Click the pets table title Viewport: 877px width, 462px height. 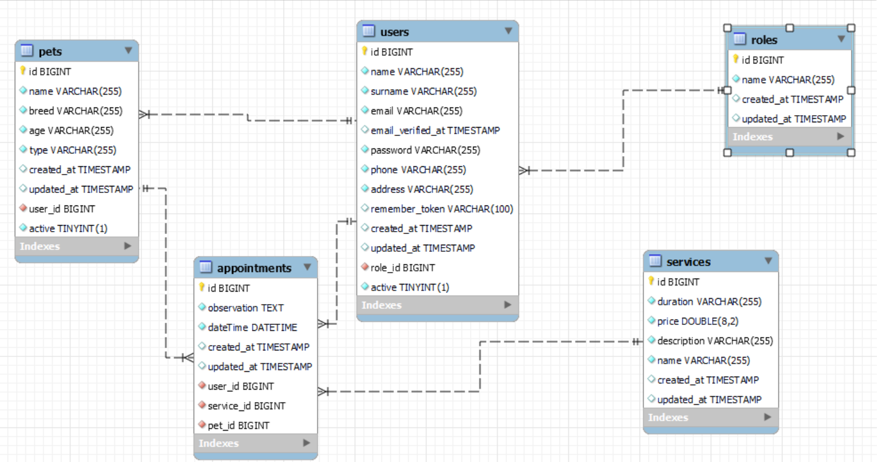point(50,52)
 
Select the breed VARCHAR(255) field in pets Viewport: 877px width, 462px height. point(75,111)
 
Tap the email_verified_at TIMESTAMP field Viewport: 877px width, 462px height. point(435,131)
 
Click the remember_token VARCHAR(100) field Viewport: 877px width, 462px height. point(441,209)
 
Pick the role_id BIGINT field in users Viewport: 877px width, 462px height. point(402,268)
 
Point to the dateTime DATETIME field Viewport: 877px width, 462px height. point(252,328)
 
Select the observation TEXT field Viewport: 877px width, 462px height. point(246,308)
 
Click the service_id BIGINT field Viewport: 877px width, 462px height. point(246,406)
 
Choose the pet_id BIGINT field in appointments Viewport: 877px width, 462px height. point(238,426)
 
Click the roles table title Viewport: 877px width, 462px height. point(764,40)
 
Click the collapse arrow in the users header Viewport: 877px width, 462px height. point(509,31)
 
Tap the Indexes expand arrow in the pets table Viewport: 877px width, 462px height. point(128,246)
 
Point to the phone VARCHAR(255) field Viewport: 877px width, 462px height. point(418,170)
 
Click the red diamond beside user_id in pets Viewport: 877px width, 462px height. point(23,209)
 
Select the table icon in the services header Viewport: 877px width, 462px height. point(655,261)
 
